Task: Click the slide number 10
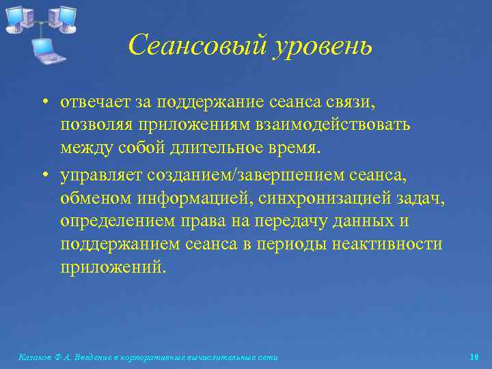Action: point(474,357)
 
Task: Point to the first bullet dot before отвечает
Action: point(43,102)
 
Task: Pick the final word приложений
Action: point(113,266)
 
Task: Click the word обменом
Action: point(90,199)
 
